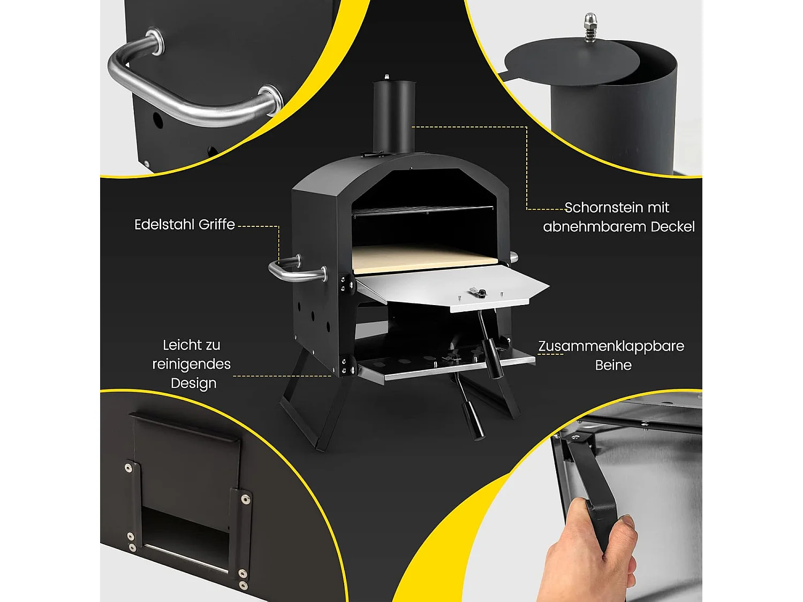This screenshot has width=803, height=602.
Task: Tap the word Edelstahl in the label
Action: point(164,224)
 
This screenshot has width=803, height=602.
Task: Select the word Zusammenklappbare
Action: point(611,346)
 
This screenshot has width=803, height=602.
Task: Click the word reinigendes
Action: point(191,364)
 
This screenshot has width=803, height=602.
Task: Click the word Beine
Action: point(613,365)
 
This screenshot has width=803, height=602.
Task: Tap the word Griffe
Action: point(217,225)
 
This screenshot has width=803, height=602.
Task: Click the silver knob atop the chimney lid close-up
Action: point(590,27)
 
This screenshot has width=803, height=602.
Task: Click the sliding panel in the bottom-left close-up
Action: point(185,471)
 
